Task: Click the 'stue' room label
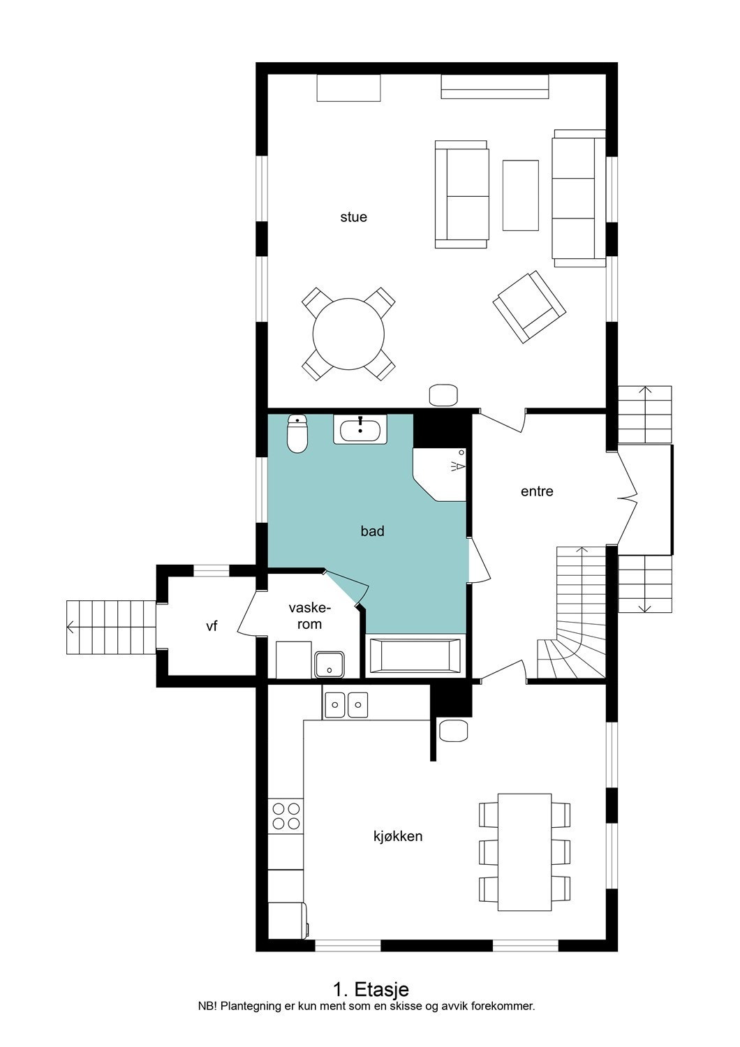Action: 353,217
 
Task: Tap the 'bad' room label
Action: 372,531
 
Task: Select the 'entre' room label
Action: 537,491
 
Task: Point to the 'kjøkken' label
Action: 398,836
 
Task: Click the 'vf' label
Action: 212,627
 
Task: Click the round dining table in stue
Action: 348,334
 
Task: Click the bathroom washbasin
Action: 360,430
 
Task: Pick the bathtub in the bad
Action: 415,657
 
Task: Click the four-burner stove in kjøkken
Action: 286,816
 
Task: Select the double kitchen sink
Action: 346,704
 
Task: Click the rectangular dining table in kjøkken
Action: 525,852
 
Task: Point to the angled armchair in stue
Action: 528,307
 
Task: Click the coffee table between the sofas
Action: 520,195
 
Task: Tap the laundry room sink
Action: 329,664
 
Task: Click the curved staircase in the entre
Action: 572,628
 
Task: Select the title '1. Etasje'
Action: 370,989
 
